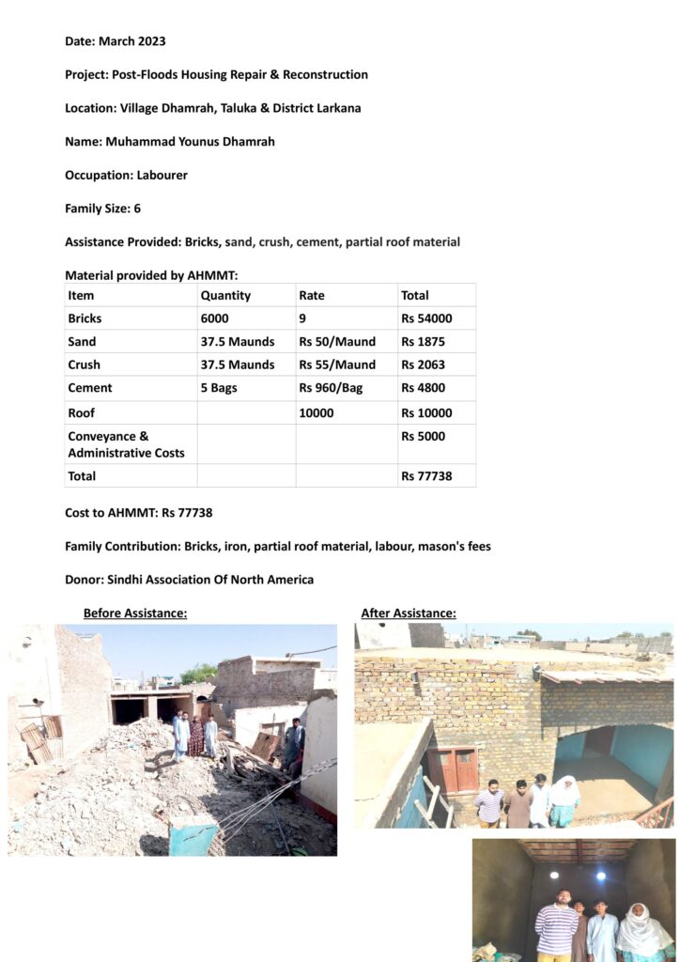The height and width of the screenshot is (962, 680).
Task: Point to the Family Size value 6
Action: (137, 209)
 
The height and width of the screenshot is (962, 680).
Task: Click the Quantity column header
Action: (225, 295)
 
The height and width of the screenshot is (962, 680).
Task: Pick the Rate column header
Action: (312, 295)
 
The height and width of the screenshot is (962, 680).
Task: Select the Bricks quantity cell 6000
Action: (214, 318)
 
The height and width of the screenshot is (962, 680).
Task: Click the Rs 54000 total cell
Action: (426, 318)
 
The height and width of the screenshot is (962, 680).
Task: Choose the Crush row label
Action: (84, 365)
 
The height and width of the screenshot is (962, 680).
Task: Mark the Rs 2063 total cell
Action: (423, 365)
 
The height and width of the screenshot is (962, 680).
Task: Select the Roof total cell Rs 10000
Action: (426, 412)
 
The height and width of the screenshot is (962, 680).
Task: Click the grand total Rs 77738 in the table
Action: (426, 476)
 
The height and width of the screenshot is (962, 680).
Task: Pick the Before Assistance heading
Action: (135, 613)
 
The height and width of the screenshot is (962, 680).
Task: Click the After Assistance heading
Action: (409, 613)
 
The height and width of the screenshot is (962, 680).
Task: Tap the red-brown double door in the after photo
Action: (453, 769)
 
